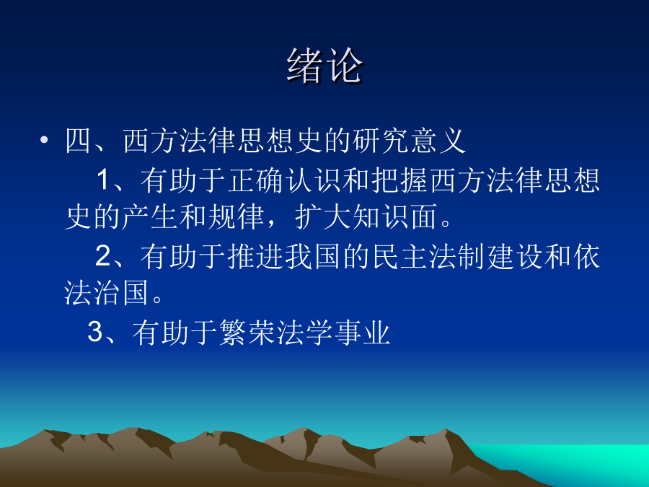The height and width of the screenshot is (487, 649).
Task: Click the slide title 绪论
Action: [324, 66]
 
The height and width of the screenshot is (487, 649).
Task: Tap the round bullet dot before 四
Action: [44, 140]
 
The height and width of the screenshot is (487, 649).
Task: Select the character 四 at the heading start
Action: [78, 141]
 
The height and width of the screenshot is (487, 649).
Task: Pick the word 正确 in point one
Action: [256, 180]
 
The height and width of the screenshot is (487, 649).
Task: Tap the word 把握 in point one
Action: [400, 180]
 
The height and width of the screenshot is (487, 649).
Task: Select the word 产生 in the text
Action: [150, 216]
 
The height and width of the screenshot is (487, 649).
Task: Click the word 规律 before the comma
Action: [237, 216]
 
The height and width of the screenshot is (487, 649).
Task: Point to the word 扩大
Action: [323, 216]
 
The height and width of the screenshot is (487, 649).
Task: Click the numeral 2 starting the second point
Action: [103, 256]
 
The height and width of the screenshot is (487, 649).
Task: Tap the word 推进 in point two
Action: [256, 256]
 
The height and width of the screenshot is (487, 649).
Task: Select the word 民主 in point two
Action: [400, 256]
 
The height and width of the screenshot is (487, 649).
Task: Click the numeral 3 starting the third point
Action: [94, 332]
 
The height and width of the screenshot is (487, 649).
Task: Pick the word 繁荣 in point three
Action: [247, 332]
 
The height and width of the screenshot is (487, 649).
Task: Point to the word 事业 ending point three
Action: [363, 332]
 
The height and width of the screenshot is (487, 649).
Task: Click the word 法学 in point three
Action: [305, 332]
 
